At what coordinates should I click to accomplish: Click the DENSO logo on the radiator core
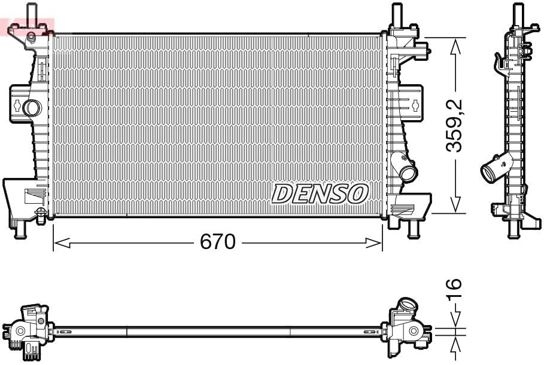point(320,194)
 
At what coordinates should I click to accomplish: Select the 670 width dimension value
point(217,242)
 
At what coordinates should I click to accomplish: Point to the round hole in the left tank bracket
point(31,108)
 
